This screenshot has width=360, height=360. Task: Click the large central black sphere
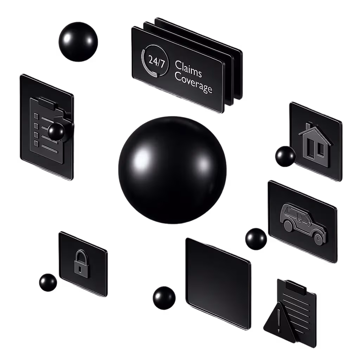click(x=172, y=170)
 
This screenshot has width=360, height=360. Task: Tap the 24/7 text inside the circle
click(x=156, y=61)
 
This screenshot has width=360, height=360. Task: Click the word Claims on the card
click(x=188, y=69)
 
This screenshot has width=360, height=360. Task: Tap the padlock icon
click(x=82, y=264)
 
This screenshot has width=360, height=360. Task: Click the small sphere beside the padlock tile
click(x=48, y=282)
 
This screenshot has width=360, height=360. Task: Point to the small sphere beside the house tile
click(x=285, y=156)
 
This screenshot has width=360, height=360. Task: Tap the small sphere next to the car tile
click(x=256, y=239)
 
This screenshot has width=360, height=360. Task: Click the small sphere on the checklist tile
click(x=56, y=131)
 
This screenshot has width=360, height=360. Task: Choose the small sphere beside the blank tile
click(x=164, y=298)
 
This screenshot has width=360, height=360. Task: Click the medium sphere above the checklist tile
click(x=78, y=42)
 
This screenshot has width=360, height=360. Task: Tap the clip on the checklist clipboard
click(x=48, y=103)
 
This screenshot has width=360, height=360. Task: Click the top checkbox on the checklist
click(x=36, y=116)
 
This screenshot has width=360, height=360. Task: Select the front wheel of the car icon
click(x=318, y=239)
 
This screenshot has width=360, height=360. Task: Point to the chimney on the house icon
click(x=308, y=126)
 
